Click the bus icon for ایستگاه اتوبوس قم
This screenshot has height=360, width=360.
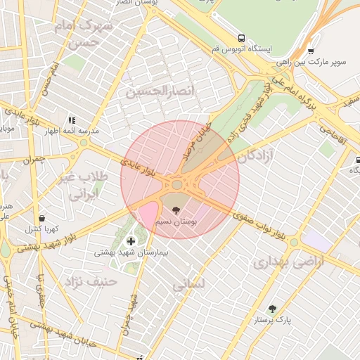click(x=242, y=39)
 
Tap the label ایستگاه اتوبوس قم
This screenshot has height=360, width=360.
click(x=242, y=50)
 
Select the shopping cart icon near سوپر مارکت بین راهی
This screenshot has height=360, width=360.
click(x=311, y=51)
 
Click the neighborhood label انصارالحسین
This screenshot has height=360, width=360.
click(x=148, y=91)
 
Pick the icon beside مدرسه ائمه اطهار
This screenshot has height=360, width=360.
click(x=71, y=120)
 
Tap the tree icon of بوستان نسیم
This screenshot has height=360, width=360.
click(x=175, y=209)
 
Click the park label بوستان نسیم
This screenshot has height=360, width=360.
click(x=180, y=221)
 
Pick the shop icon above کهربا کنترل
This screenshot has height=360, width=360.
click(x=43, y=218)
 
